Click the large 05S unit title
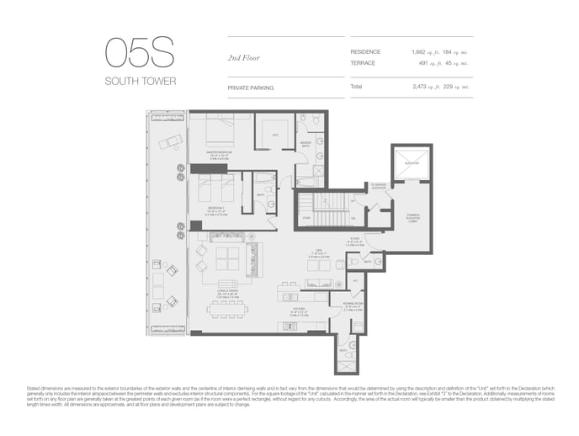pyautogui.click(x=140, y=53)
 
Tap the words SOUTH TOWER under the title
pyautogui.click(x=139, y=82)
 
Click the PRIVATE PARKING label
pyautogui.click(x=250, y=87)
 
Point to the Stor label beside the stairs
pyautogui.click(x=306, y=217)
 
